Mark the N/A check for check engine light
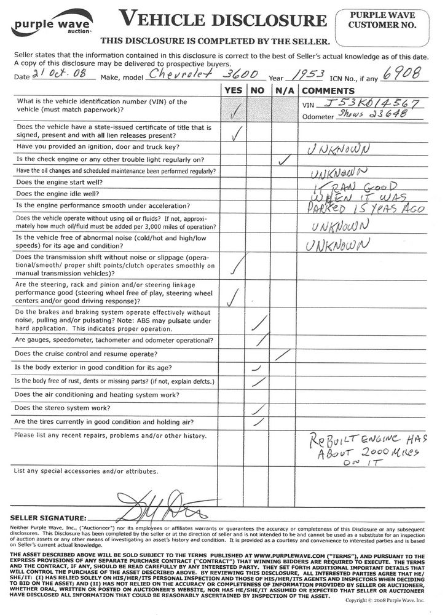click(x=284, y=160)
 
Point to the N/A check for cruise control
click(x=283, y=354)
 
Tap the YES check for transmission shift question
click(x=234, y=264)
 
